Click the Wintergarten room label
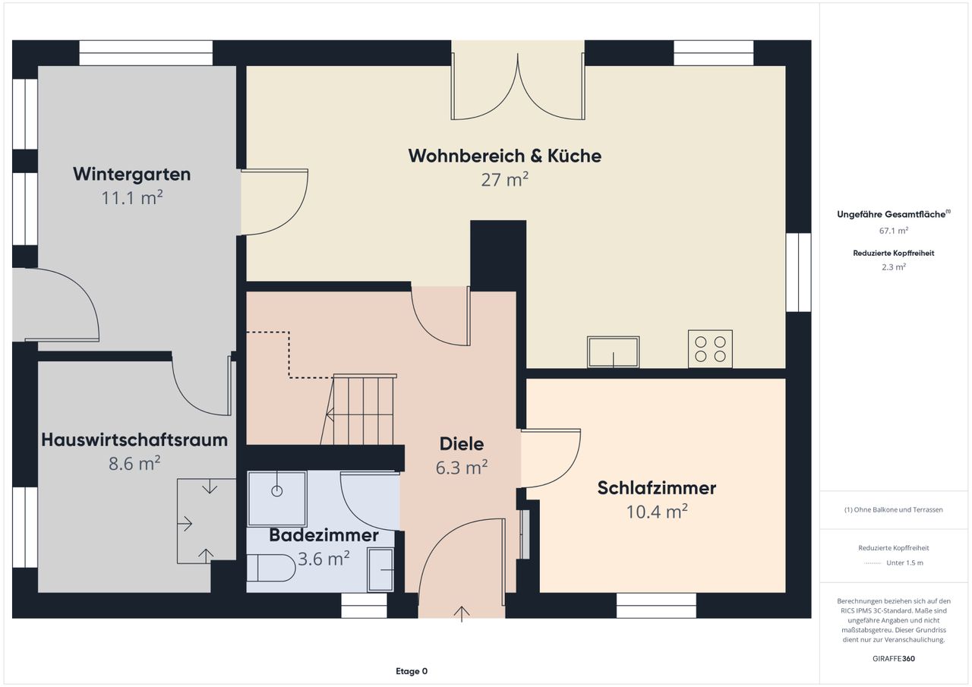coord(132,174)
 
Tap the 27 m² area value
coord(505,180)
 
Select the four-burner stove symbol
coord(710,349)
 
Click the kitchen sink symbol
coord(613,351)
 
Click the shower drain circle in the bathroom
coord(277,491)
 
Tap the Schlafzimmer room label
coord(657,488)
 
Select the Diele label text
coord(461,443)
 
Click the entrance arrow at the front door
coord(461,613)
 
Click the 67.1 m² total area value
coord(894,231)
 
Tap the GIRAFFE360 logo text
coord(894,658)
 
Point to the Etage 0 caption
coord(412,671)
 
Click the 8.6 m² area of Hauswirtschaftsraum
coord(134,463)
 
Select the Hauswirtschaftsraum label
coord(134,440)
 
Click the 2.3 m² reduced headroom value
coord(894,267)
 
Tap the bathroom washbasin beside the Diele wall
coord(380,569)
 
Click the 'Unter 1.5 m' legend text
coord(904,563)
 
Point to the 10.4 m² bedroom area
coord(657,512)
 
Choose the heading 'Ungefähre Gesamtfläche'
coord(891,214)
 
